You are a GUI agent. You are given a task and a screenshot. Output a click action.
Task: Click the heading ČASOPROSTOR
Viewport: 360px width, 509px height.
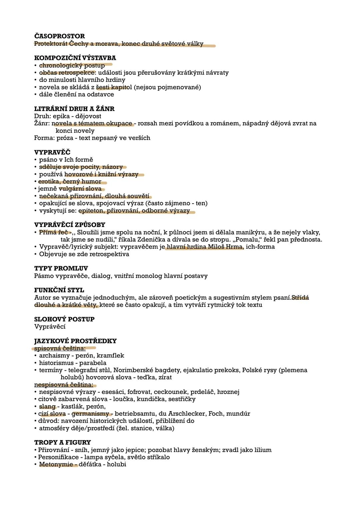59,36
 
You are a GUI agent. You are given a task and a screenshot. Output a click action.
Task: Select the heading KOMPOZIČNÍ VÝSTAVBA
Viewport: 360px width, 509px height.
75,58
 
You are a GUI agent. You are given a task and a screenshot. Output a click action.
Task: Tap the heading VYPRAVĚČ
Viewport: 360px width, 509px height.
52,152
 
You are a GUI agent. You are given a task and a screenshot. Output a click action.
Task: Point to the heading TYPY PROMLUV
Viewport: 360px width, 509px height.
61,268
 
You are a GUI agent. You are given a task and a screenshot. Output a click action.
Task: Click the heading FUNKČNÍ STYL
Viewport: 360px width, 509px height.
59,290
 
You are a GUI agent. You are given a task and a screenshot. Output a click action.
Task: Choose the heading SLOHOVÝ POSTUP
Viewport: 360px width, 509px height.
64,319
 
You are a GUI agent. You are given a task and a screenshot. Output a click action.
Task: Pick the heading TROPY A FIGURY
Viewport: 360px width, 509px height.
62,442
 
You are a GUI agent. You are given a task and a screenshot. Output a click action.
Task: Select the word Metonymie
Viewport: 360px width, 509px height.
56,464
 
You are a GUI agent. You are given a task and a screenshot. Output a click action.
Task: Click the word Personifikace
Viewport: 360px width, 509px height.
58,457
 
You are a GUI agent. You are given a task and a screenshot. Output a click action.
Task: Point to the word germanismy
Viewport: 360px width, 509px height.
90,414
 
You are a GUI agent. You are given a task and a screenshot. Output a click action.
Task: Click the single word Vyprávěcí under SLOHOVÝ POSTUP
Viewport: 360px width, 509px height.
50,327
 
